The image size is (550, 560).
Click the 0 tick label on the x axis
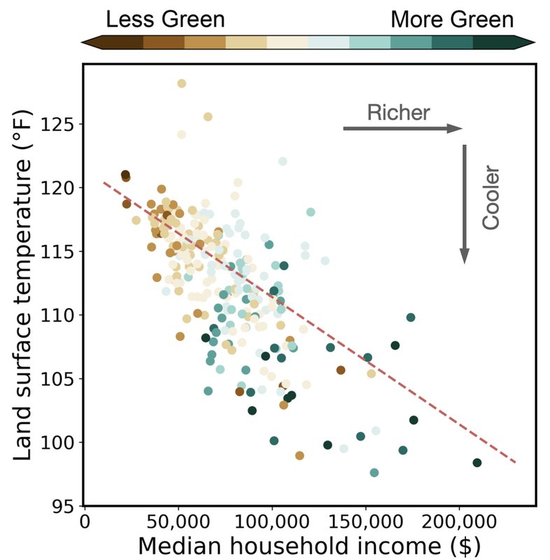coord(85,521)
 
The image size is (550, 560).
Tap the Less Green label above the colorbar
coord(165,20)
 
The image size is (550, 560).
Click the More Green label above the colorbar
coord(452,20)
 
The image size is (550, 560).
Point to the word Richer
coord(398,112)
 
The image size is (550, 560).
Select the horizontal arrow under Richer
coord(402,129)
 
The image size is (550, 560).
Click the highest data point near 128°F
coord(182,83)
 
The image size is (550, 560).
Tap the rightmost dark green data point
coord(477,463)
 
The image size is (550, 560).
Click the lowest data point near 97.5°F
coord(374,473)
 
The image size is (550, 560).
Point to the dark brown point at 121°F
coord(125,175)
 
